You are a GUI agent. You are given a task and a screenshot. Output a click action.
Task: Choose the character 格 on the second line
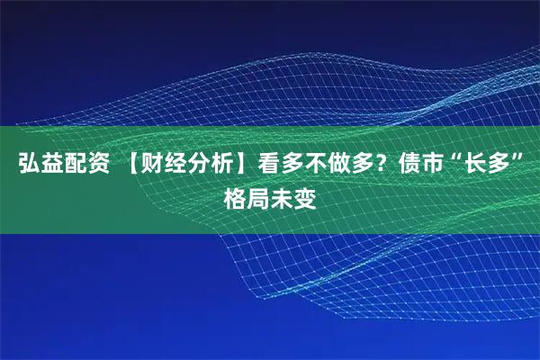click(235, 195)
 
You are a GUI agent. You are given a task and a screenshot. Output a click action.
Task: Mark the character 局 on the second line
click(258, 195)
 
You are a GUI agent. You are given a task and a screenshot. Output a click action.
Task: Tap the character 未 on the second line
click(282, 195)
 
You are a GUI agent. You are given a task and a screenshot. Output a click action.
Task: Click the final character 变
click(305, 195)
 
